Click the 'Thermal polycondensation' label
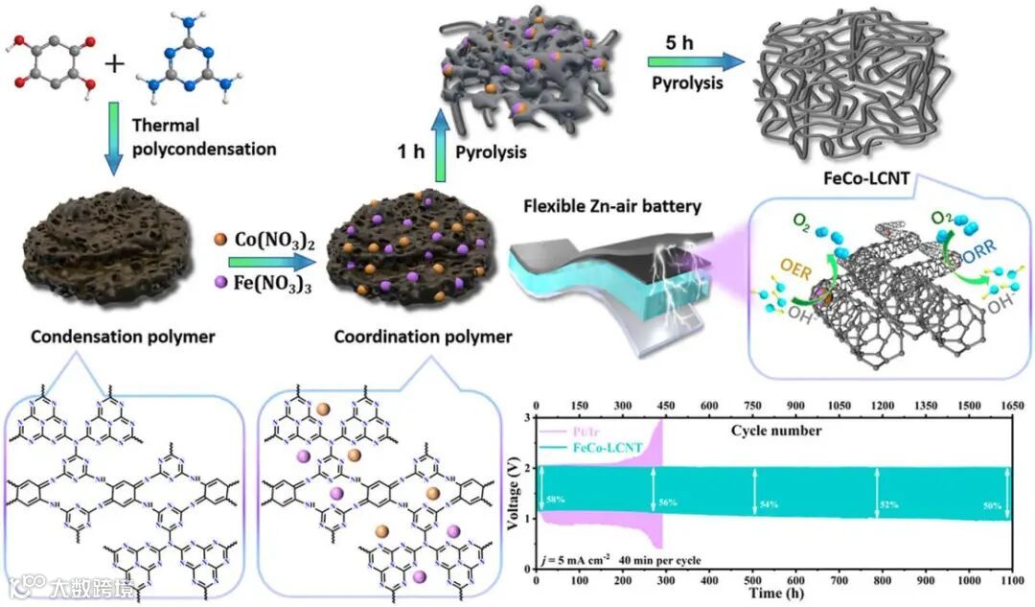(203, 137)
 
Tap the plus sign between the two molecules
(116, 65)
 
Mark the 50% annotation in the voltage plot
(993, 503)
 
